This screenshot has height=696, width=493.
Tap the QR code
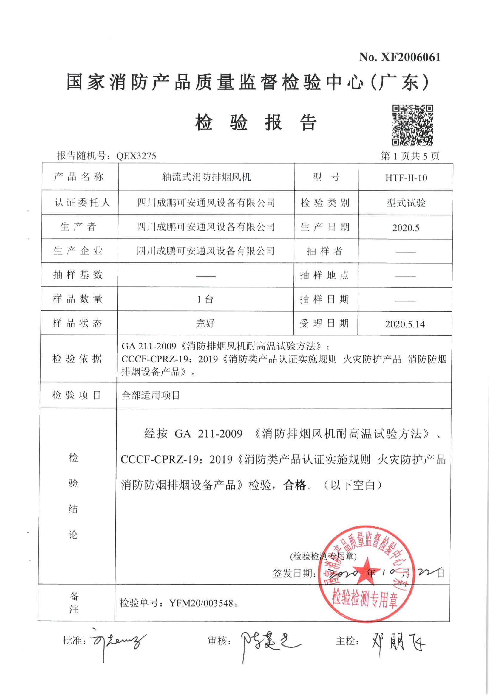coord(412,125)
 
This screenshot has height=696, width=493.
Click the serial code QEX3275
coord(136,156)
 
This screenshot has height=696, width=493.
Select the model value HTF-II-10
coord(406,178)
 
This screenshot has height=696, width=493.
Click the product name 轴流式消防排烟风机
coord(206,177)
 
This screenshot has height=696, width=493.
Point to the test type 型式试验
coord(406,203)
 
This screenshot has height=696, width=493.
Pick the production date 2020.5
coord(406,228)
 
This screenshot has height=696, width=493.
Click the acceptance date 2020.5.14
coord(405,324)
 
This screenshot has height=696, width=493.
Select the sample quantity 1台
coord(205,300)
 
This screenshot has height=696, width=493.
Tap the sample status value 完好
coord(205,323)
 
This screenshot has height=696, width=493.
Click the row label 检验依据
coord(77,359)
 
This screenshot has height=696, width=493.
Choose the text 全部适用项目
coord(151,395)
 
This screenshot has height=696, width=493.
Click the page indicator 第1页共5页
coord(410,156)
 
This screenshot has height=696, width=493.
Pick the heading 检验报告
coord(256,123)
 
